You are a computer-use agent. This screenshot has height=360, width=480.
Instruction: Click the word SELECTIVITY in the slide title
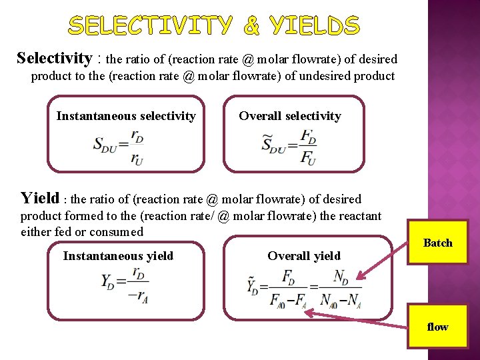(x=151, y=26)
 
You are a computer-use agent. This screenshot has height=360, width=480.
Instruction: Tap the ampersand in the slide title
(x=251, y=26)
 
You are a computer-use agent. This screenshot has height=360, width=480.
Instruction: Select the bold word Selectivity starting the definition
(x=54, y=58)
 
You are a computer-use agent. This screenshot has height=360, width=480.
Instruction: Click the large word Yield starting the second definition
(x=39, y=197)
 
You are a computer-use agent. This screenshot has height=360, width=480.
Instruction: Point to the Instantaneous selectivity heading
(x=126, y=116)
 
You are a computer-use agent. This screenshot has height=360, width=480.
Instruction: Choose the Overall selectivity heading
(x=290, y=116)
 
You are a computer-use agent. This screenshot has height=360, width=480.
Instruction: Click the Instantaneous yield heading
(x=118, y=256)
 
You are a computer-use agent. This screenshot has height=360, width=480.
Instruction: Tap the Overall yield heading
(x=304, y=256)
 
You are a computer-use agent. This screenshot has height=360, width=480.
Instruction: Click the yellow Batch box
(x=437, y=243)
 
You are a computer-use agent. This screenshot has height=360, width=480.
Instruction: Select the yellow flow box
(x=437, y=327)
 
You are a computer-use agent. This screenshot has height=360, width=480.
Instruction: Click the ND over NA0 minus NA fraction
(x=340, y=288)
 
